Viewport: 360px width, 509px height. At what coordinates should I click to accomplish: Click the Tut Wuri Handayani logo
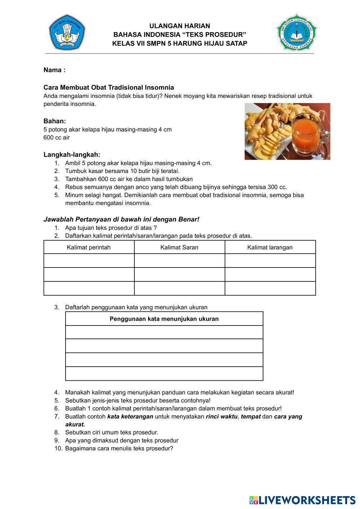tap(67, 32)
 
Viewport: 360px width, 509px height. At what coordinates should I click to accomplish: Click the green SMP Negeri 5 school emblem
tap(297, 33)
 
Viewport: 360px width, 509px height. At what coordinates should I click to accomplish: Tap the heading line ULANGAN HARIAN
tap(179, 26)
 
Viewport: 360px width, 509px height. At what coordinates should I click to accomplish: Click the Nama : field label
tap(54, 70)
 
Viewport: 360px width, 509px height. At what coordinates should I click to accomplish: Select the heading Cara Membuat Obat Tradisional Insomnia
tap(108, 88)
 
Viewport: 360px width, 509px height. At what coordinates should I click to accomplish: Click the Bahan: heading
tap(55, 121)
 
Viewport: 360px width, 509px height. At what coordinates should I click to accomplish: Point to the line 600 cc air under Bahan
tap(57, 137)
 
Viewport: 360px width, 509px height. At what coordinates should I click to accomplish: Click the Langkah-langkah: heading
tap(72, 155)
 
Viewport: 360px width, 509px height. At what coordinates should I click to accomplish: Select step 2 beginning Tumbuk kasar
tap(122, 171)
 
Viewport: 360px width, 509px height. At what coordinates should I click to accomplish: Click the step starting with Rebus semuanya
tap(176, 187)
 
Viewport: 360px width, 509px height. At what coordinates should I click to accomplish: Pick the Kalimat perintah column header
tap(89, 247)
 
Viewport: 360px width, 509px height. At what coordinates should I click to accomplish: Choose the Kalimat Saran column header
tap(179, 247)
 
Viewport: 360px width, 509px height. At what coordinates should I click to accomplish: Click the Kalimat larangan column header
tap(270, 247)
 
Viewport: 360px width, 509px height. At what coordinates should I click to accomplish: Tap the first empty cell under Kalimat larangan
tap(270, 261)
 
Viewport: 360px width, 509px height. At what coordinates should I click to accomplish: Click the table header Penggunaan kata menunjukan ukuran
tap(164, 319)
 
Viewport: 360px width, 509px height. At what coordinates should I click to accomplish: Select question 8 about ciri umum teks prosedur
tap(111, 432)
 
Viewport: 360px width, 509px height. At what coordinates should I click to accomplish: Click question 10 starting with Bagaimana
tap(119, 448)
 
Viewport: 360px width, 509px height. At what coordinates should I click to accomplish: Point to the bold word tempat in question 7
tap(250, 416)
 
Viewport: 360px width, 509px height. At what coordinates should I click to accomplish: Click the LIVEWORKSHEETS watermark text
tap(307, 500)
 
